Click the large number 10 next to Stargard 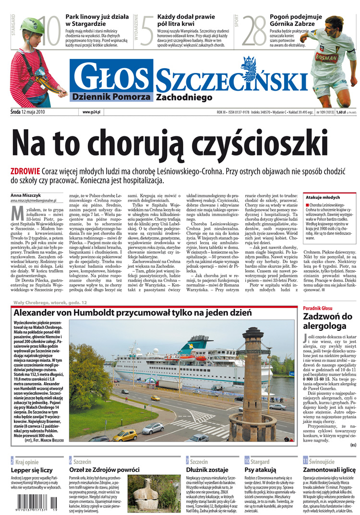coord(48,31)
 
